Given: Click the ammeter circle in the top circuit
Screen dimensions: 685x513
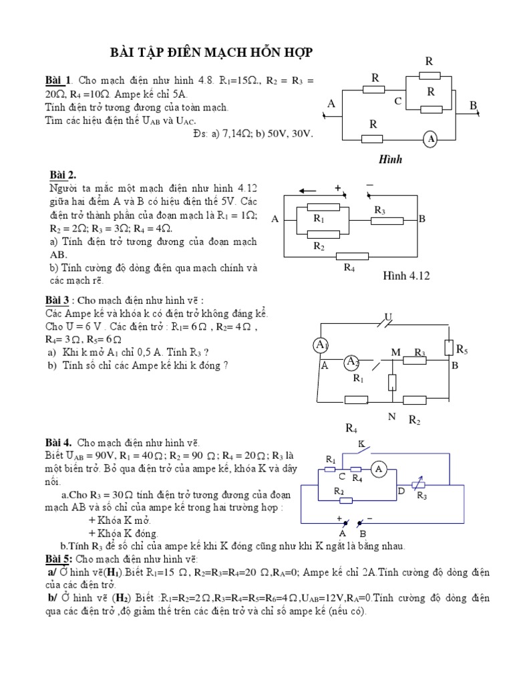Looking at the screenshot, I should coord(431,138).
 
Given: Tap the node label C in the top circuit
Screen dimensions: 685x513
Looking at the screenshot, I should coord(397,102).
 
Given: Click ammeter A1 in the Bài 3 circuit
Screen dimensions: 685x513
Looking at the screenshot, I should coord(321,345).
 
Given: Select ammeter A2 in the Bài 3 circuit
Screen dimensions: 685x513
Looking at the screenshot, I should coord(352,362).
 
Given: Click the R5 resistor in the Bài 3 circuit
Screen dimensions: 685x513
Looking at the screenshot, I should coord(448,348).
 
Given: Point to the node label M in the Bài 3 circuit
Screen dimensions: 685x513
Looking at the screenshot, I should coord(395,353).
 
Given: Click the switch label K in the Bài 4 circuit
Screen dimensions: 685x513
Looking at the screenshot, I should coord(361,444).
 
